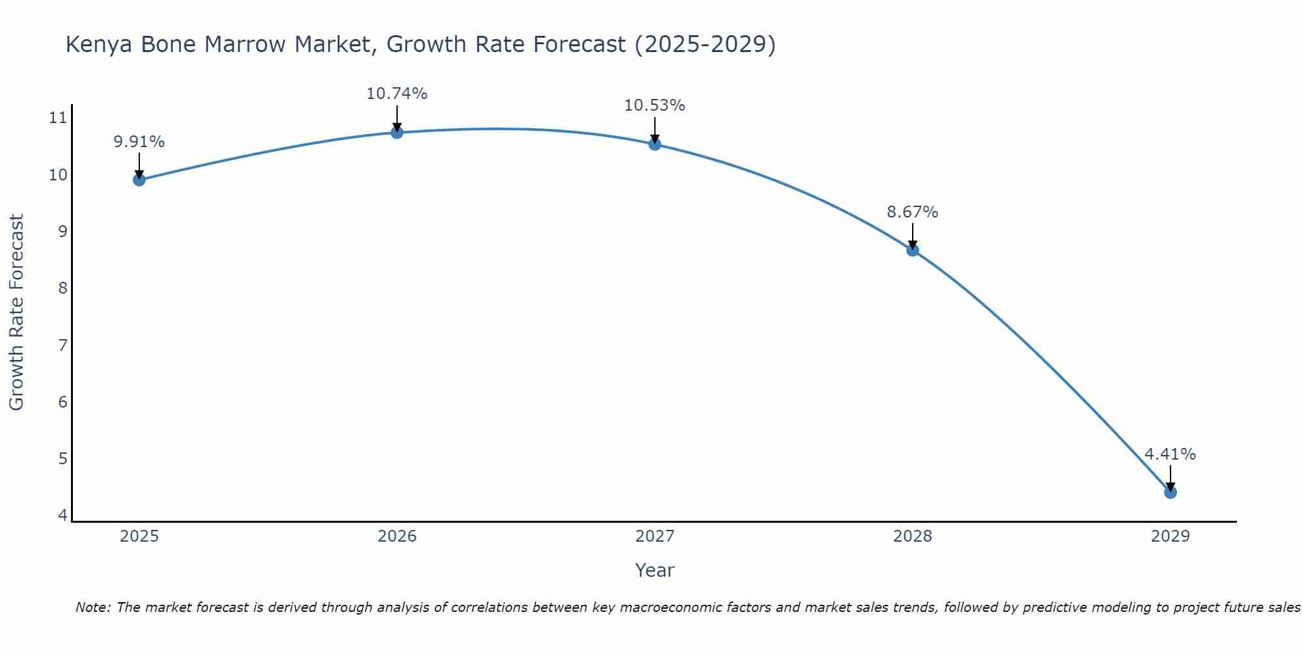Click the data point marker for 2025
139,180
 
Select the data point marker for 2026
396,132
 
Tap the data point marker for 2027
654,144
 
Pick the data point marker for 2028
912,250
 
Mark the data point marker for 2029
1170,492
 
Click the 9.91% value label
139,142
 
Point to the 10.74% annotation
396,94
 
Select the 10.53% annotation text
654,105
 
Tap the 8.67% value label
912,212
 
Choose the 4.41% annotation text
1170,454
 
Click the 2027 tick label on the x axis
654,536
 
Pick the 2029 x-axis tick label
1170,536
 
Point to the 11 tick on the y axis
58,118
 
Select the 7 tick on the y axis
62,345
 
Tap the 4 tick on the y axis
62,516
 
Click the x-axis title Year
654,570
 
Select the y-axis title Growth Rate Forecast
16,312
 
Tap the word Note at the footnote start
93,607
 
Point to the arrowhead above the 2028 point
912,245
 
